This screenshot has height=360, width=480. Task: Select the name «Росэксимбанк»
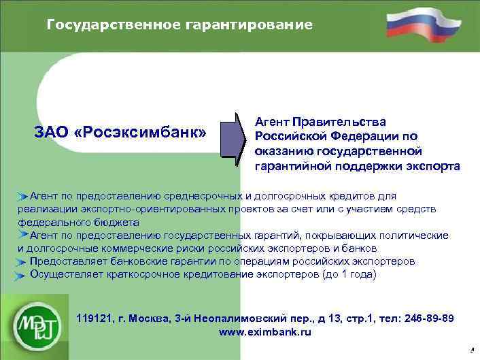click(143, 131)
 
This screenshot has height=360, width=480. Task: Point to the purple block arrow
click(234, 140)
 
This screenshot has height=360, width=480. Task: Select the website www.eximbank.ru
click(264, 332)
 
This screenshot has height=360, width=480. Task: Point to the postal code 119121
click(95, 318)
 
